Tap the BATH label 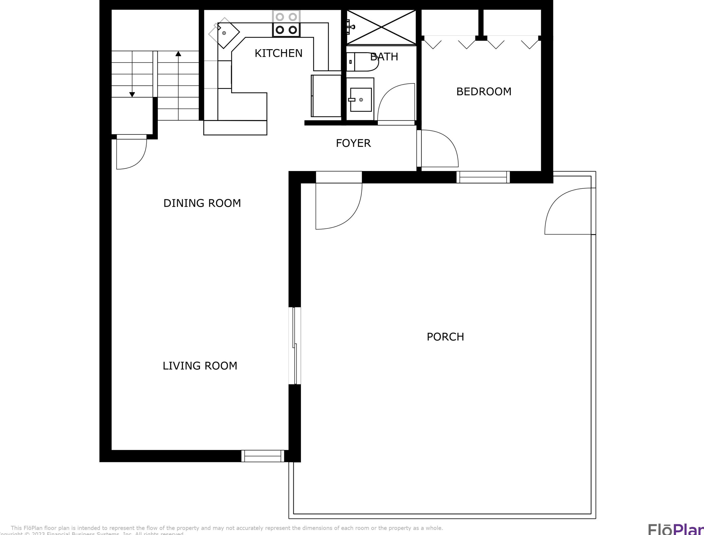(x=384, y=57)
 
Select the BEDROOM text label (x=484, y=92)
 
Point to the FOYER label (x=353, y=143)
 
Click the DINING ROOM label (x=202, y=203)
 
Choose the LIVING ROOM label (x=200, y=366)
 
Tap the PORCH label (x=445, y=337)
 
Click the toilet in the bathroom (x=363, y=62)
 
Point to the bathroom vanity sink (x=360, y=100)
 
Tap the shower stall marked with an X (x=381, y=27)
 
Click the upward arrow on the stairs (x=178, y=54)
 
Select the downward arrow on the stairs (x=132, y=94)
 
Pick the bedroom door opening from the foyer (x=438, y=148)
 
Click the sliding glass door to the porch (x=295, y=346)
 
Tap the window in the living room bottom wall (x=262, y=456)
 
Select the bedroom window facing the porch (x=483, y=177)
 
